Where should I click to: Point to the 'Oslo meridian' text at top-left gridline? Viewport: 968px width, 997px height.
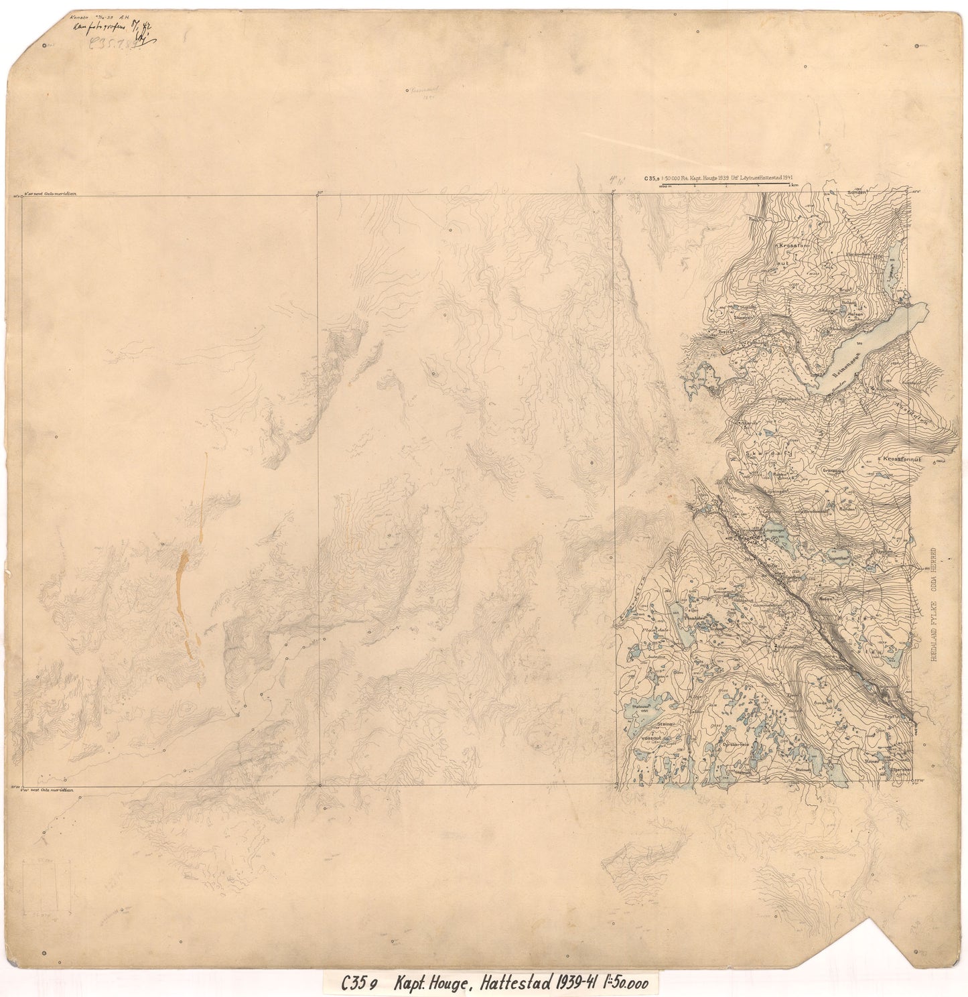click(x=57, y=192)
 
